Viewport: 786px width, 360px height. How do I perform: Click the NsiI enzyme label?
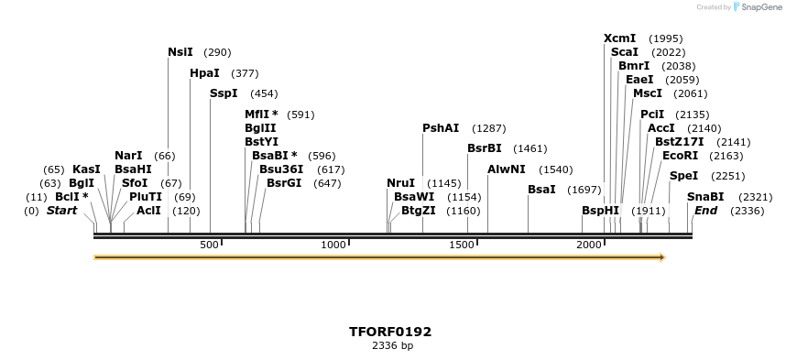pos(180,52)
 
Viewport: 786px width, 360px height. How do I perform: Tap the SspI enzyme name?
pos(224,93)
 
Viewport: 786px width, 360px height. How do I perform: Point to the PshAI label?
pos(441,127)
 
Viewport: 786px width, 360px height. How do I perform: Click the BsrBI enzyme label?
pos(485,147)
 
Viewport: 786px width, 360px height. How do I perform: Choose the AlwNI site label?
pos(507,169)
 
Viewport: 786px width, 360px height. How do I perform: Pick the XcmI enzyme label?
pos(619,38)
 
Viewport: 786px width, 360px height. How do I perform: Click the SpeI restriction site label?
pos(683,175)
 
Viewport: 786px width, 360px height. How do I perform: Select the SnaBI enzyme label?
pos(705,196)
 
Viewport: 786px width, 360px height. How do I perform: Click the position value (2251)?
pos(728,175)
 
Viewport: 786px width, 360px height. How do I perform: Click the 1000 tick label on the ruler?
pos(333,245)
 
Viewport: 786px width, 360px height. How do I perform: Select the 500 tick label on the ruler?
pos(210,245)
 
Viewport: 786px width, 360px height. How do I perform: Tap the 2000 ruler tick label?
pos(589,245)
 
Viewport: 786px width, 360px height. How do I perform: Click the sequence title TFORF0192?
pos(391,331)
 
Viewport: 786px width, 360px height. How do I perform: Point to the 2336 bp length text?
pos(392,345)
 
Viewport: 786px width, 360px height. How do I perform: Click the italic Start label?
pos(61,210)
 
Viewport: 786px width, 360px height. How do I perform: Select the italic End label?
pos(705,210)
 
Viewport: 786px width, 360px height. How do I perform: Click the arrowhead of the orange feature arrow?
pos(660,257)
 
